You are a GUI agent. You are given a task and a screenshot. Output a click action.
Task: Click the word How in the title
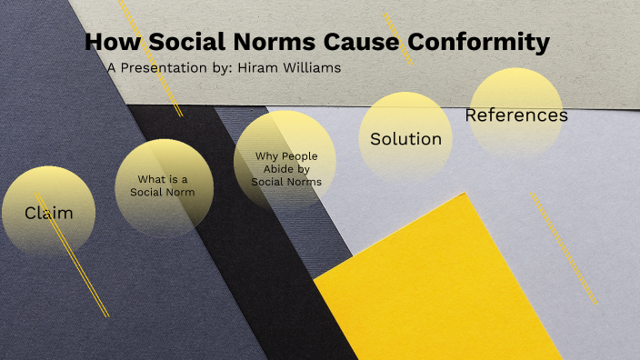point(113,42)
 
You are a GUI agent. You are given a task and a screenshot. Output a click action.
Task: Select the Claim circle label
point(48,213)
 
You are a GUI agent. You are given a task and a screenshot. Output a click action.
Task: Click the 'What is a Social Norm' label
point(163,185)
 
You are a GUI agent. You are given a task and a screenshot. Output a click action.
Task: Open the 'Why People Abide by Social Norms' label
point(286,167)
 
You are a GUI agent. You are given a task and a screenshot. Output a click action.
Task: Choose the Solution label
point(405,139)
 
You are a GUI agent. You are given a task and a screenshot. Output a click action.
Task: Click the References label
point(516,115)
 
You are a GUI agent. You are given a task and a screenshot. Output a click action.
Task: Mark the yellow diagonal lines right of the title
point(397,37)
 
